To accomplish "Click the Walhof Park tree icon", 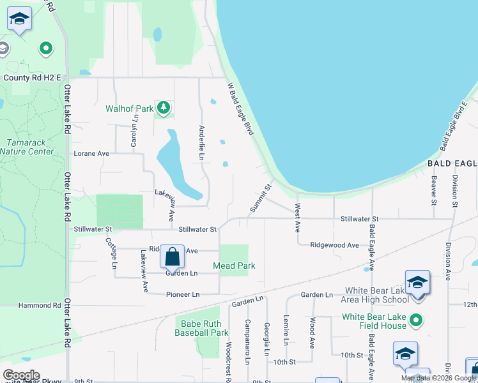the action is tap(164, 109).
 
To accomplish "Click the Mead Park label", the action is tap(235, 266).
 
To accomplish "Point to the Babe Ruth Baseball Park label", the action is tap(201, 328).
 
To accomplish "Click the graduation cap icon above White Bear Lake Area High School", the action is tap(417, 282).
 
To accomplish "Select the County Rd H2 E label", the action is tap(32, 78).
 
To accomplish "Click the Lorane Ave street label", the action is tap(91, 154).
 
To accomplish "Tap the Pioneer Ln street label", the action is tap(183, 294).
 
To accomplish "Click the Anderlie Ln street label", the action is tap(202, 142).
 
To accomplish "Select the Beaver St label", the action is tap(433, 191).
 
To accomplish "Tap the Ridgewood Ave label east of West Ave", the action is tap(334, 245).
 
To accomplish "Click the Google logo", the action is tap(21, 375).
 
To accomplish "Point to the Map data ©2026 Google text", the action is tap(439, 378).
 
